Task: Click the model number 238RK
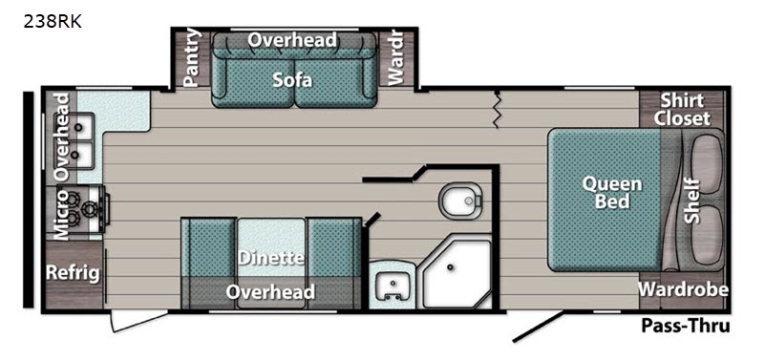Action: coord(53,22)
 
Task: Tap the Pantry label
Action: coord(193,57)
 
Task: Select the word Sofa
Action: coord(292,79)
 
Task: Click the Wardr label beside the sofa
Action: coord(395,58)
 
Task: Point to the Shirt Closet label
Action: coord(682,109)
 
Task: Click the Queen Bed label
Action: coord(612,192)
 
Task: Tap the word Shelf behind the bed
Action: coord(691,201)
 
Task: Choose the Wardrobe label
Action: coord(684,289)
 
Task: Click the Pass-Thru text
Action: coord(686,326)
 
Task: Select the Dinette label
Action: coord(271,258)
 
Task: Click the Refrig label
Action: coord(73,273)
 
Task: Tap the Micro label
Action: coord(61,214)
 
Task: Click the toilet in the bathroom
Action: coord(460,201)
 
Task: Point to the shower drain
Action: coord(450,267)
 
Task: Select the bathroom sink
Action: coord(393,286)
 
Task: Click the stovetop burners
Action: coord(81,204)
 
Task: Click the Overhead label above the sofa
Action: coord(292,40)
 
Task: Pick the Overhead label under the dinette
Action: coord(270,292)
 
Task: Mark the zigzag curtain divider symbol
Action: coord(497,110)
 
